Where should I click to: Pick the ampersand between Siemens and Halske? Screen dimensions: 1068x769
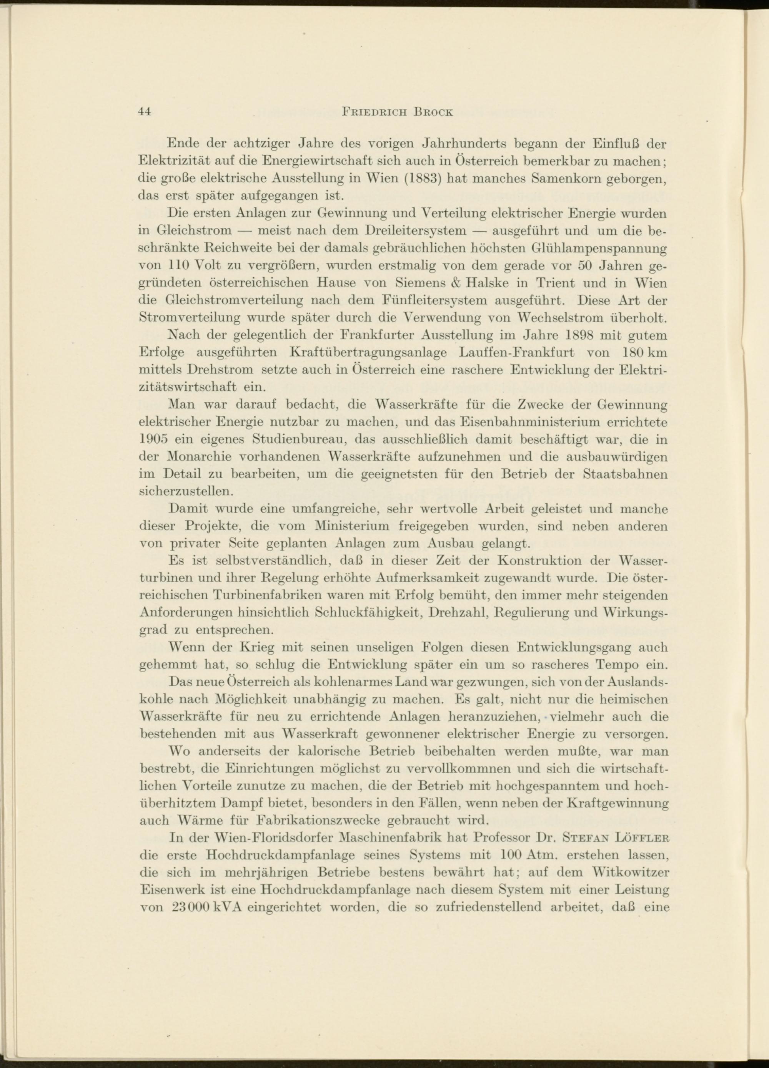coord(456,283)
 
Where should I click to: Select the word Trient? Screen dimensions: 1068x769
coord(553,283)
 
